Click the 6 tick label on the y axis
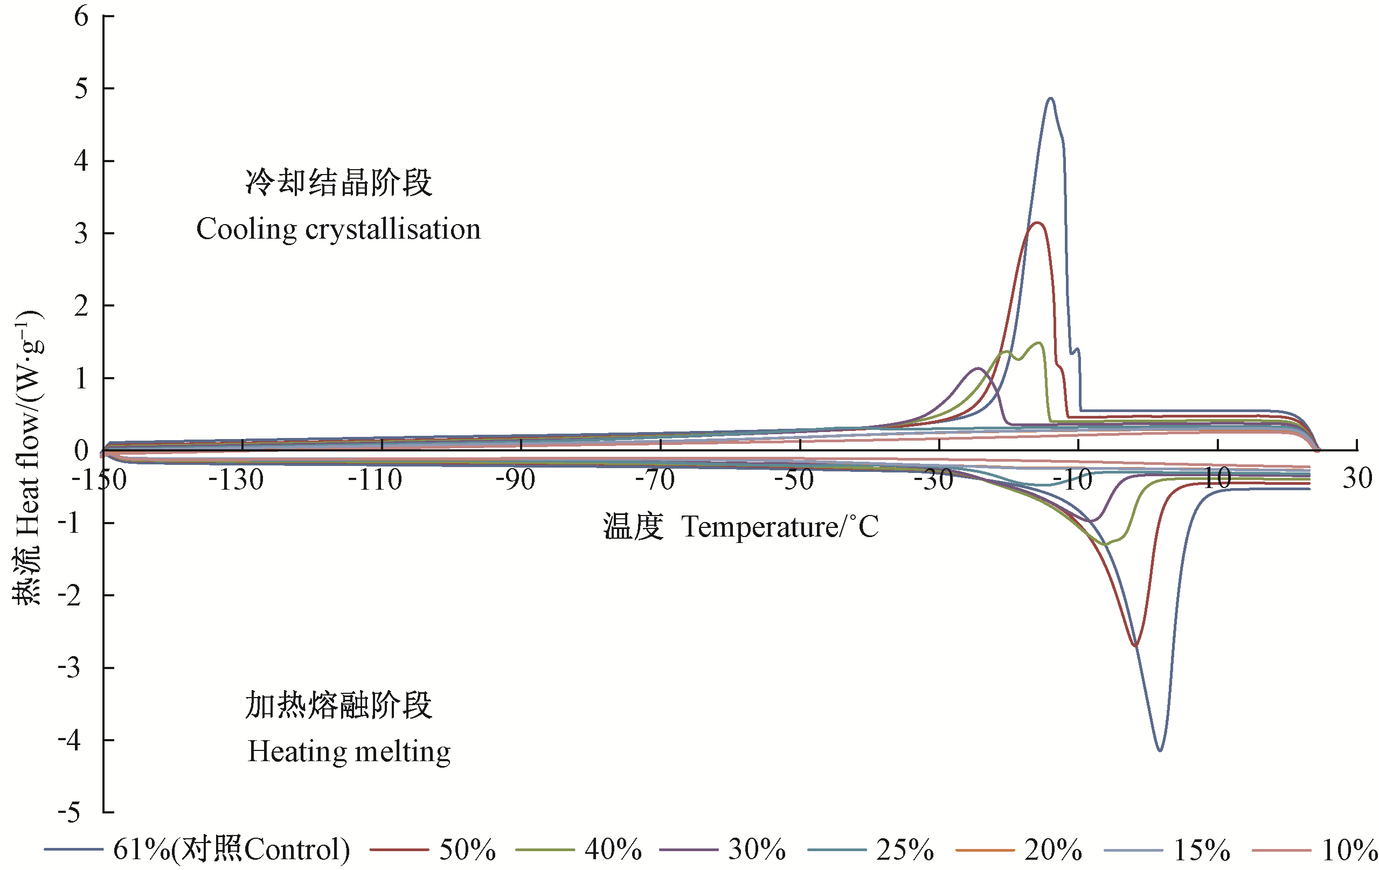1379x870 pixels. point(81,16)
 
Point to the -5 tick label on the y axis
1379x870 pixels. point(70,812)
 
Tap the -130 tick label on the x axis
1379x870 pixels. point(236,479)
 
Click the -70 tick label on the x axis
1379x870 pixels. point(655,479)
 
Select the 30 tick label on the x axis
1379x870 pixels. point(1357,478)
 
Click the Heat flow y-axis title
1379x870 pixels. point(27,458)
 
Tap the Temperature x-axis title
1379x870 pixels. point(740,527)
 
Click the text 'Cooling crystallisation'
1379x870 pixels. point(338,229)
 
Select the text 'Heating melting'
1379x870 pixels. point(349,751)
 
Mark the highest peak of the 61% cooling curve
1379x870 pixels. point(1050,99)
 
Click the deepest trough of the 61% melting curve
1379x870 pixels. point(1160,750)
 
